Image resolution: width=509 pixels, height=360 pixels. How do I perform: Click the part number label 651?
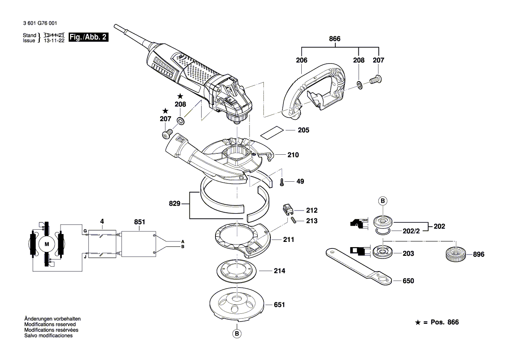(x=279, y=305)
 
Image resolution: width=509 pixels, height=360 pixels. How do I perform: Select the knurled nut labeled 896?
(x=455, y=254)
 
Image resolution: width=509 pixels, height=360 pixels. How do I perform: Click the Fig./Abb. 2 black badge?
(x=89, y=37)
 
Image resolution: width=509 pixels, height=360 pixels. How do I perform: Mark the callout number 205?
(x=303, y=130)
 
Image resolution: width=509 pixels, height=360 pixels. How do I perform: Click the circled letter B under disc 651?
(x=237, y=334)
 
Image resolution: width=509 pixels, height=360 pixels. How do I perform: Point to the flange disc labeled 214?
(x=236, y=272)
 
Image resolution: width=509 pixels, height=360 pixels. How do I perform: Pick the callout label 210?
(x=293, y=155)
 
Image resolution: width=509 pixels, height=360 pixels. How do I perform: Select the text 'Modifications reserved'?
(x=50, y=325)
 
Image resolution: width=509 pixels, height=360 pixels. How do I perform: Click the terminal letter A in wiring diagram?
(x=183, y=241)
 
